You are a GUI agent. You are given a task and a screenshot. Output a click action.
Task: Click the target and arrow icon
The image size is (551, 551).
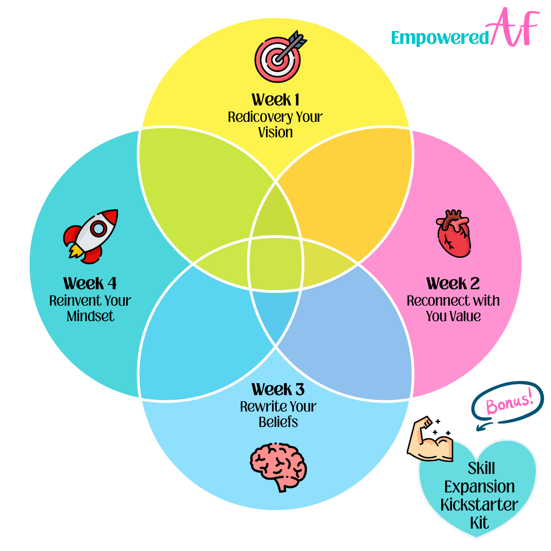click(279, 56)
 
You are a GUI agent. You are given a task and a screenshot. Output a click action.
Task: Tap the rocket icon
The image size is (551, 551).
click(91, 235)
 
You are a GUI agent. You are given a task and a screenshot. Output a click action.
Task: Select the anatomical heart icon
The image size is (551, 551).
click(453, 234)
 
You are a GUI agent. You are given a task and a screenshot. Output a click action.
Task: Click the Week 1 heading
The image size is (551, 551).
click(275, 100)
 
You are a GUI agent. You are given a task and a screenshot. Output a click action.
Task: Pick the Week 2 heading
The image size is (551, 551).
click(453, 284)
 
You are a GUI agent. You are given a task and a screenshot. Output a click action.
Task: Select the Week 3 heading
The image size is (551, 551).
click(278, 390)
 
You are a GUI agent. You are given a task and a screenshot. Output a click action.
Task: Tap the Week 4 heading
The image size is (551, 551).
click(90, 284)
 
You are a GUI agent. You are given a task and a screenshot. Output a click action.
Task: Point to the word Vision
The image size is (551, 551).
click(275, 133)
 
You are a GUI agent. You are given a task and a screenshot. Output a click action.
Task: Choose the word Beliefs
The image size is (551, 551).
click(278, 422)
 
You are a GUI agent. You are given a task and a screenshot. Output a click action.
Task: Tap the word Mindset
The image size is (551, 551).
click(90, 316)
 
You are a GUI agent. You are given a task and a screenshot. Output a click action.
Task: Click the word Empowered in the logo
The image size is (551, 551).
click(440, 38)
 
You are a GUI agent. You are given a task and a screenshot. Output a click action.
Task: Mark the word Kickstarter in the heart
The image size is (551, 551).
click(479, 505)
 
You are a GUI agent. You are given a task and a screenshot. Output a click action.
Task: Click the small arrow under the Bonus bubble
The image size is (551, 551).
click(485, 426)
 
